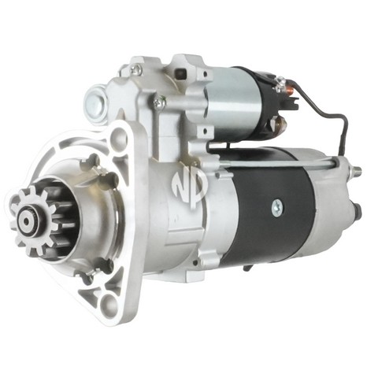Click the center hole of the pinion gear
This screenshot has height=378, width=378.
[27, 222]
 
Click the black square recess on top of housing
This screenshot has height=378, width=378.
[181, 72]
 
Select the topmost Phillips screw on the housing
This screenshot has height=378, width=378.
[136, 69]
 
